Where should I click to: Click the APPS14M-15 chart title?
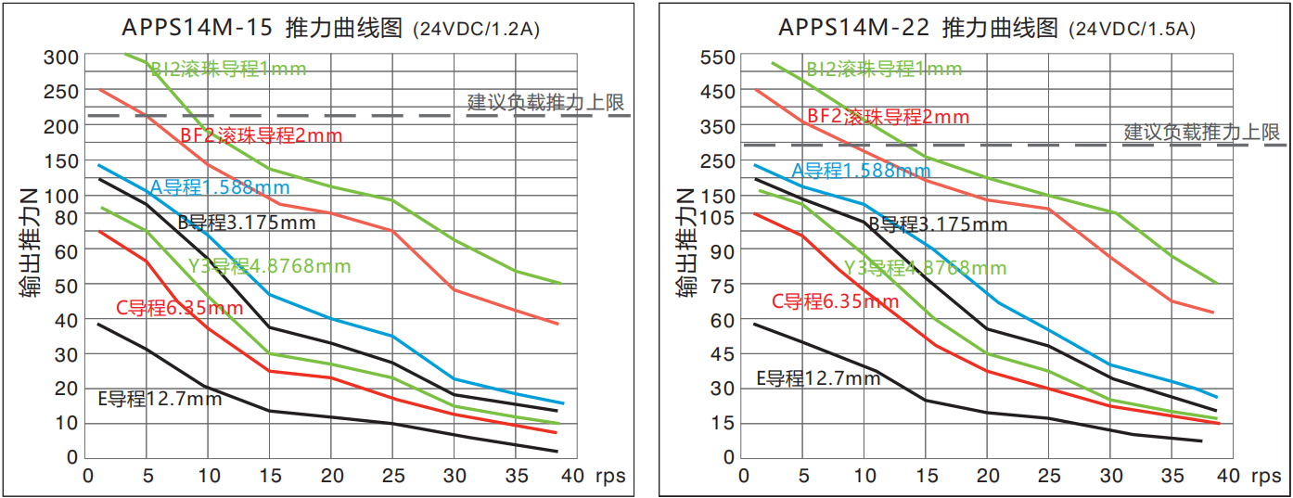point(264,28)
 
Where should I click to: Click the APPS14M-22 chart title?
point(918,28)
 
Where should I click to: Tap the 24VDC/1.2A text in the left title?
point(475,30)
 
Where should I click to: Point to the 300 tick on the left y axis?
point(62,57)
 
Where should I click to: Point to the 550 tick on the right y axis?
point(717,57)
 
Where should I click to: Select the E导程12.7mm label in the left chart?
point(160,400)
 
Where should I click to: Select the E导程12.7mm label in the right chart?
point(817,378)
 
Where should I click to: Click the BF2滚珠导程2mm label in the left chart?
point(262,135)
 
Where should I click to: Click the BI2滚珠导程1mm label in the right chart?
point(884,70)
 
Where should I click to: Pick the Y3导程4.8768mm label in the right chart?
point(925,269)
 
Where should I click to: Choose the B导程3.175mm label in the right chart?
point(937,224)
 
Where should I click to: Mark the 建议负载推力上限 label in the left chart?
point(545,102)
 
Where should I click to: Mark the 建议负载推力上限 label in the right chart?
point(1202,132)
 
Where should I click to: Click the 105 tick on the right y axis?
point(717,217)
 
